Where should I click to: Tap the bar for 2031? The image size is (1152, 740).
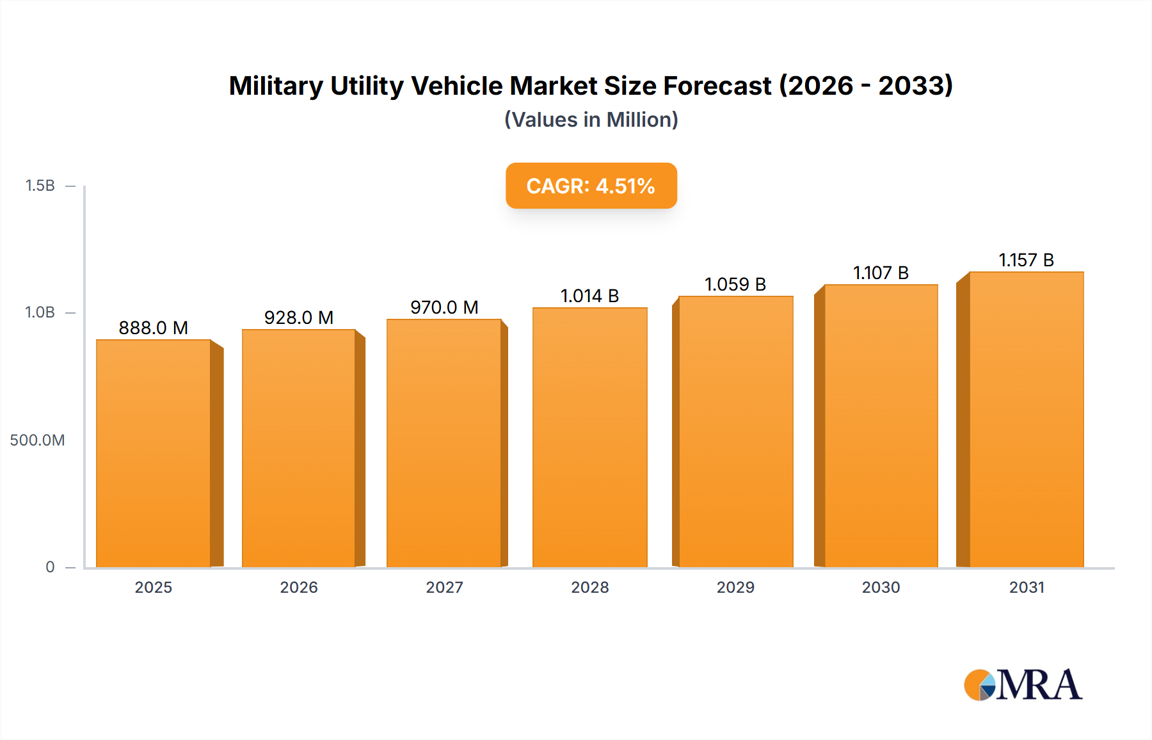click(1027, 419)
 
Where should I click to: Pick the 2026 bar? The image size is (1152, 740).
click(299, 448)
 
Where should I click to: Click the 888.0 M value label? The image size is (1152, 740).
click(154, 328)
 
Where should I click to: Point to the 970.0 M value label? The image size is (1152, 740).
click(444, 307)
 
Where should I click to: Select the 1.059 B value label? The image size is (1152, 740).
click(735, 284)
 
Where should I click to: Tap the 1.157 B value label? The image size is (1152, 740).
click(1027, 260)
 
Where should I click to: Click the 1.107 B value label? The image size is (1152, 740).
click(881, 273)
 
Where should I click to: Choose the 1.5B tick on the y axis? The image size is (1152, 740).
click(40, 186)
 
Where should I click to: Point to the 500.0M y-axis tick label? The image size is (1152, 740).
click(37, 440)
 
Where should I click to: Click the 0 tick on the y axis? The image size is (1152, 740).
click(50, 567)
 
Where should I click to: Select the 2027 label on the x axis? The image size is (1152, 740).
click(444, 587)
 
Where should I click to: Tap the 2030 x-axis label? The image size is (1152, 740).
click(881, 587)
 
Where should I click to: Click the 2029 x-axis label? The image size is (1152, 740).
click(735, 587)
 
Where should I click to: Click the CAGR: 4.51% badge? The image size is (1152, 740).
click(591, 186)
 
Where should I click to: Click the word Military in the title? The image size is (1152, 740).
click(276, 86)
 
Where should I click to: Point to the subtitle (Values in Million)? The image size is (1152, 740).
click(591, 120)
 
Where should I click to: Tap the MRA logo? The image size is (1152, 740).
click(1023, 685)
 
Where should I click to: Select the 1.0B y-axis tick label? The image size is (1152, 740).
click(40, 312)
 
